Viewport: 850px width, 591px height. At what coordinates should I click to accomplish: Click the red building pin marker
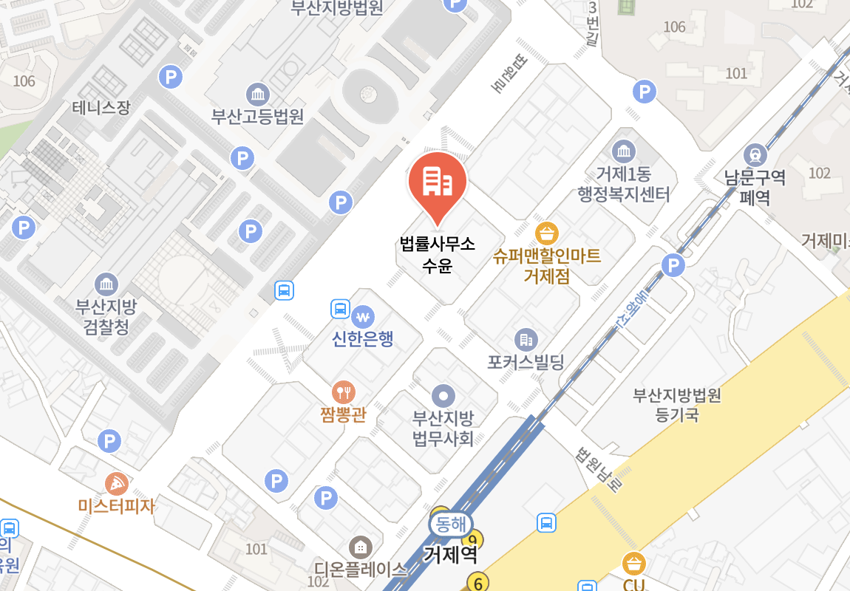point(437,184)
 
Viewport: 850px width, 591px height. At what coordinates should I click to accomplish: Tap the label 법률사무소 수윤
point(437,253)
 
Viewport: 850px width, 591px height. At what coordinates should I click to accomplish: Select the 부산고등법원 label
point(257,116)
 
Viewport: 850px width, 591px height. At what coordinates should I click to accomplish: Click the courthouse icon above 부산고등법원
point(258,95)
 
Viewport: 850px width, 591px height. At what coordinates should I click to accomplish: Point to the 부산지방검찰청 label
point(106,316)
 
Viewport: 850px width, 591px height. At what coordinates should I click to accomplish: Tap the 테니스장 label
point(101,108)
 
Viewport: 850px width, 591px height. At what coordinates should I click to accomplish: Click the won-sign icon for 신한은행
point(362,317)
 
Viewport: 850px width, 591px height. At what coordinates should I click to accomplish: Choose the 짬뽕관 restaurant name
point(342,414)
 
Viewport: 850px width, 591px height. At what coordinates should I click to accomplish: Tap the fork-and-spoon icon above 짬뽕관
point(343,392)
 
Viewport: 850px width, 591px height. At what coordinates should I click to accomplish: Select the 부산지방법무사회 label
point(443,428)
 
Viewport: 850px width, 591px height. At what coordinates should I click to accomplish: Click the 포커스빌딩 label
point(526,363)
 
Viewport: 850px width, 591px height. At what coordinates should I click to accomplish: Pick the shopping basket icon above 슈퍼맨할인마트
point(547,234)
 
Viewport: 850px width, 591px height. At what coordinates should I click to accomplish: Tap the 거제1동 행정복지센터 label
point(624,185)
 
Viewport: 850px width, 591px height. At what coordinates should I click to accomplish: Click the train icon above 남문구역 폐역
point(755,155)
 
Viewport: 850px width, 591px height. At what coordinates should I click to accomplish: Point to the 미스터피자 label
point(117,506)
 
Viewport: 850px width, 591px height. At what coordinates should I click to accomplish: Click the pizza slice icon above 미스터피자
point(117,484)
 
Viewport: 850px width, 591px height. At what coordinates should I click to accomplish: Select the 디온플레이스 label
point(361,569)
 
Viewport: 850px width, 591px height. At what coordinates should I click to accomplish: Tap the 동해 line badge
point(449,525)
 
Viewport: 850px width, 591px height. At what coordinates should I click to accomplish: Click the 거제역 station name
point(450,554)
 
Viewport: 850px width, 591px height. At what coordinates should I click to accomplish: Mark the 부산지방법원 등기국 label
point(676,405)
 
